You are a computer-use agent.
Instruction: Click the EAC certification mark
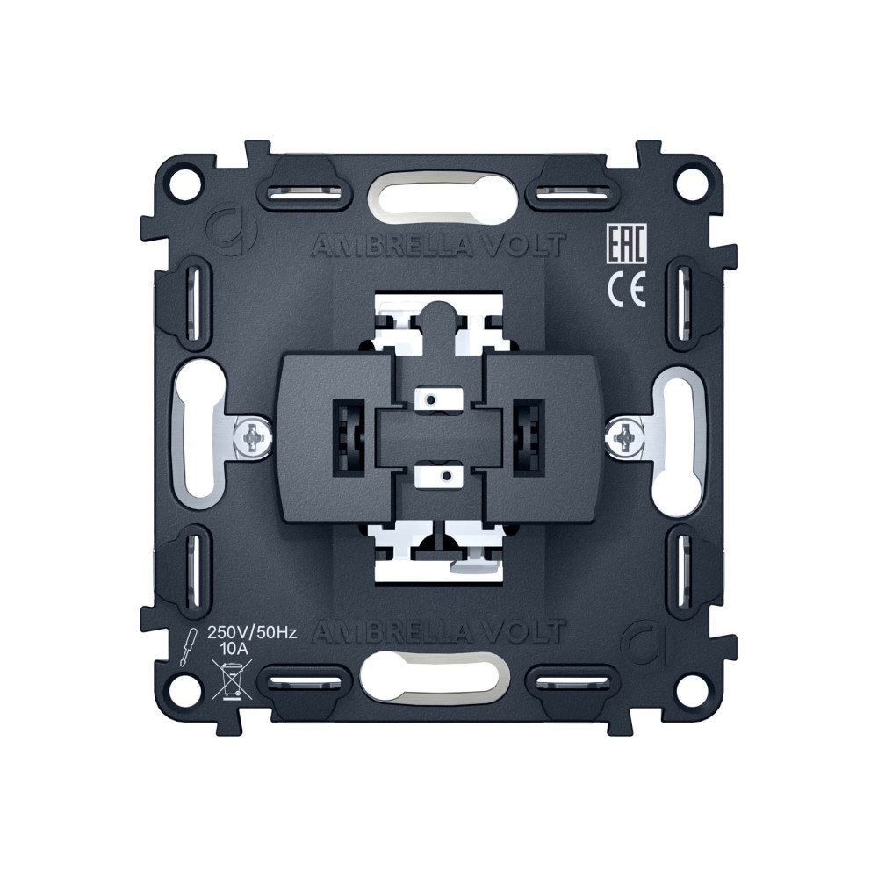pyautogui.click(x=627, y=243)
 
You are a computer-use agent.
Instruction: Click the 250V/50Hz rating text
pyautogui.click(x=252, y=633)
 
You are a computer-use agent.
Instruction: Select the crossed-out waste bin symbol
pyautogui.click(x=232, y=680)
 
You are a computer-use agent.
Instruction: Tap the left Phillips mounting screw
pyautogui.click(x=251, y=436)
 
